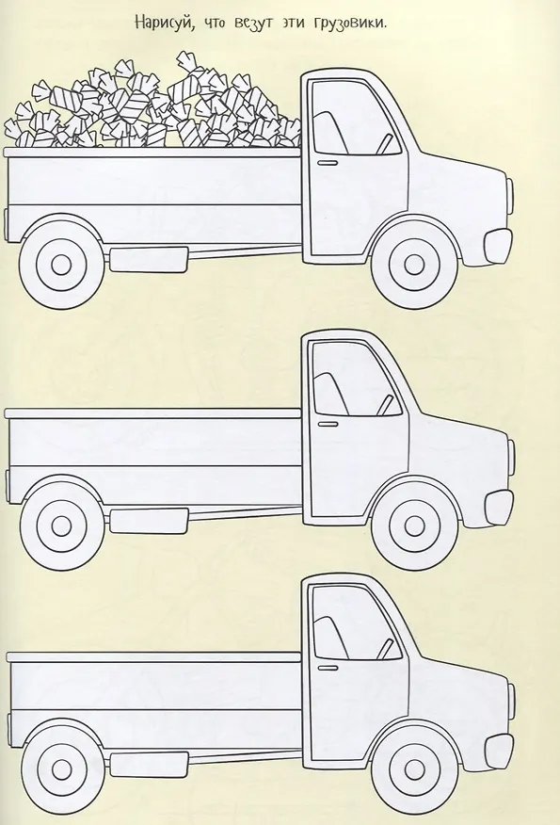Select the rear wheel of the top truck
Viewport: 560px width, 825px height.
(61, 264)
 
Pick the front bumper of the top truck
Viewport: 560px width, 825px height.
(498, 245)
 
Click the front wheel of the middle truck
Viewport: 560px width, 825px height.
(415, 524)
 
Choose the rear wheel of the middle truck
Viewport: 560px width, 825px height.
(61, 524)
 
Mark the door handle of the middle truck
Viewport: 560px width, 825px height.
(328, 424)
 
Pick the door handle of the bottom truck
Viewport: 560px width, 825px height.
(328, 668)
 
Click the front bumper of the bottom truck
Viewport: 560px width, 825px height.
(499, 751)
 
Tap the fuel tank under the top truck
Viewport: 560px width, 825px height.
(149, 259)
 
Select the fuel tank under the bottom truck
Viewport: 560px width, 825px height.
(149, 765)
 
